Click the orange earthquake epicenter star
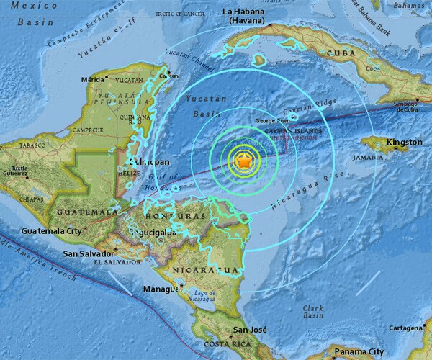tap(245, 162)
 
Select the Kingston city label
tap(404, 143)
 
